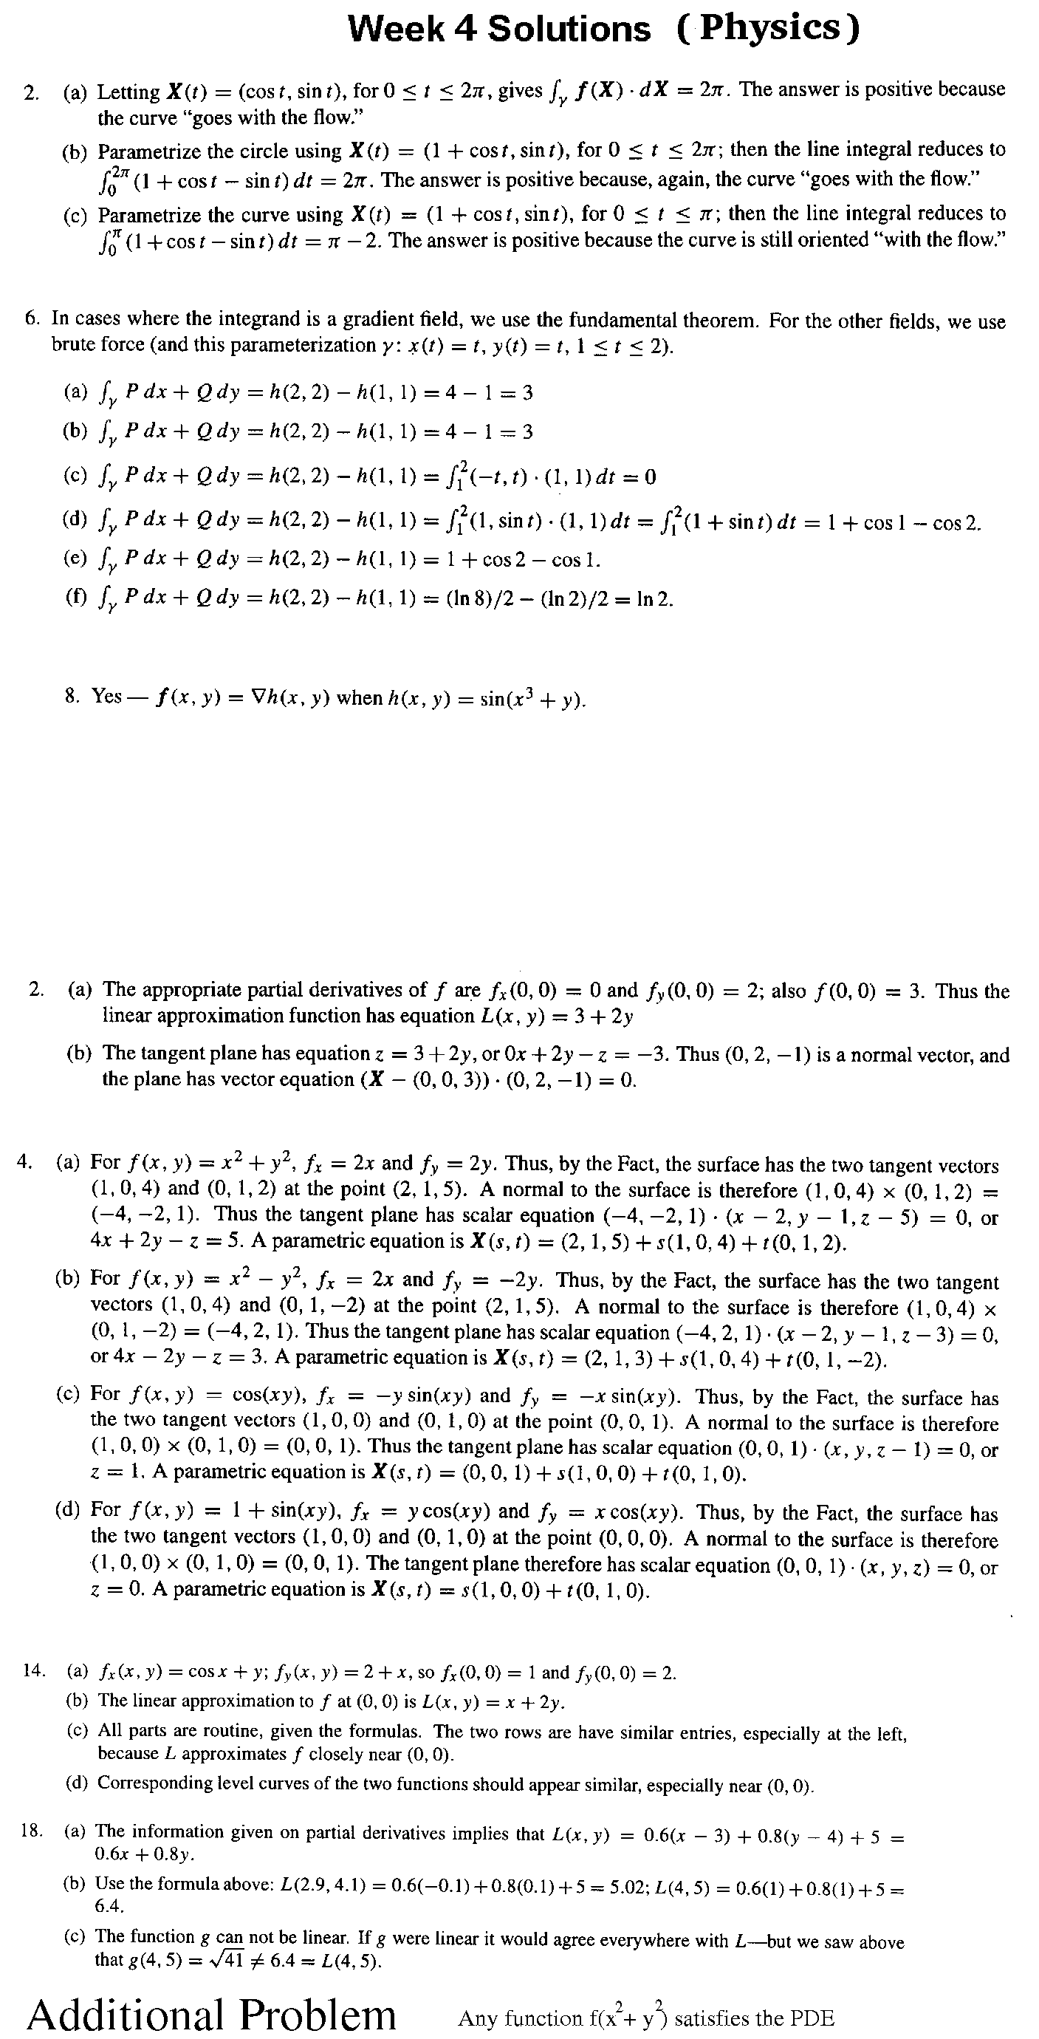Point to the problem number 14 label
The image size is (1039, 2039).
(x=33, y=1671)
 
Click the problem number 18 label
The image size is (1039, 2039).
(x=31, y=1830)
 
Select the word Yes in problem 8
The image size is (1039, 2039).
(x=107, y=696)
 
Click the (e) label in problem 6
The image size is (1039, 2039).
(x=75, y=558)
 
